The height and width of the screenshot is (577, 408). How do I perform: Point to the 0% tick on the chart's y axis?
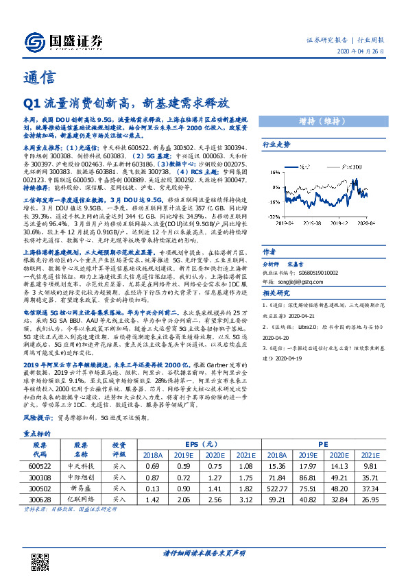(273, 186)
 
